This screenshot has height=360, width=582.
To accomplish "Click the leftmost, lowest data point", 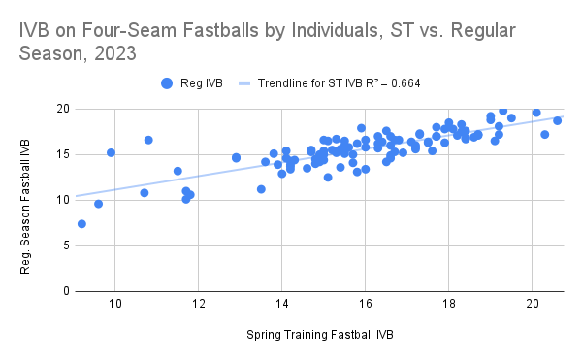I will (x=81, y=224).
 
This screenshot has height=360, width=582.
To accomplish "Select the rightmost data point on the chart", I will (x=557, y=120).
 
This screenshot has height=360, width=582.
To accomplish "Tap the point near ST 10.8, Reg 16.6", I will (x=148, y=140).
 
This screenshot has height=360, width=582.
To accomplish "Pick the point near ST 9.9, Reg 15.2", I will (x=111, y=152).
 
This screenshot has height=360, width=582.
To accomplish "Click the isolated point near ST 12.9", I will (x=236, y=157).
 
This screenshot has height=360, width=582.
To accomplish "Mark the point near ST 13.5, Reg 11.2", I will (x=261, y=189).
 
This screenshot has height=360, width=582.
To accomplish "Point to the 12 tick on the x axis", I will (x=198, y=304).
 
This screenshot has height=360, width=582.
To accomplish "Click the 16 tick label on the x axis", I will (x=365, y=304).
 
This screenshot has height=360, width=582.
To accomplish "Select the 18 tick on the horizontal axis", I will (x=448, y=304).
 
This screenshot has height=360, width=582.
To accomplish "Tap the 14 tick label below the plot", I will (x=281, y=304).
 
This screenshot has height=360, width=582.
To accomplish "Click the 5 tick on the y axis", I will (x=63, y=245).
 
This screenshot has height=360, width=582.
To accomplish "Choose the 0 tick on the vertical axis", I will (x=63, y=291).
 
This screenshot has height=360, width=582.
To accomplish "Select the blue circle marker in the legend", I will (x=168, y=83).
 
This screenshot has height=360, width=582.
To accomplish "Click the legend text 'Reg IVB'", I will (x=201, y=83).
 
